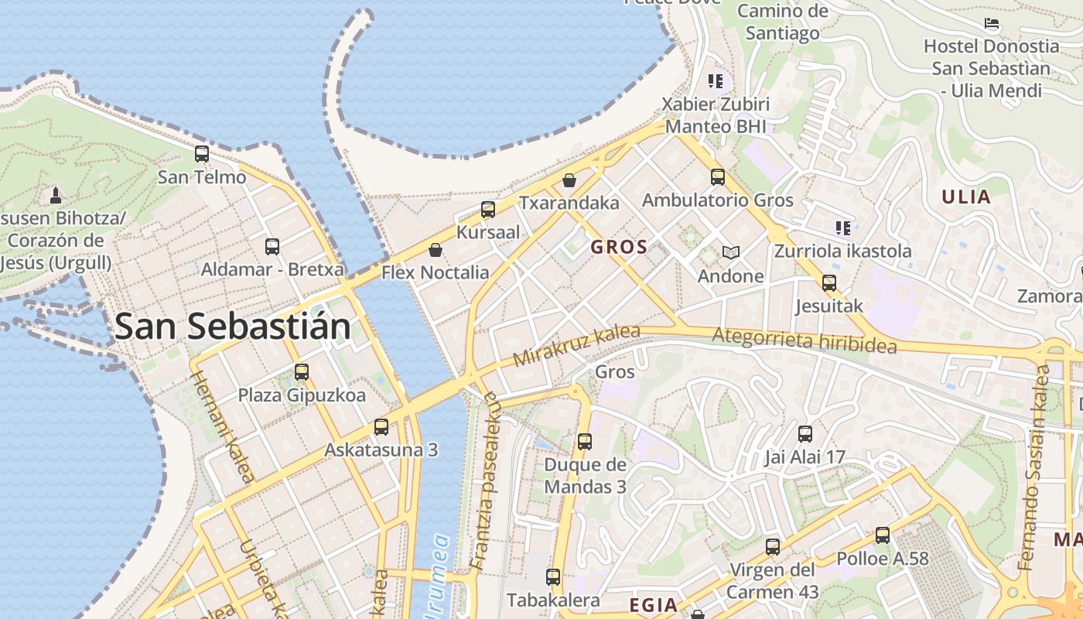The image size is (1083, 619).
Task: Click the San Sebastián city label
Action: [232, 327]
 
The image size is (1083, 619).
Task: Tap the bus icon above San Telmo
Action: [202, 154]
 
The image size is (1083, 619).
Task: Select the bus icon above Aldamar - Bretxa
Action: [272, 247]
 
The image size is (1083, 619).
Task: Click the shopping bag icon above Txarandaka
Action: [569, 180]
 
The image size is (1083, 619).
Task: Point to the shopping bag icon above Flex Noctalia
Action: [436, 250]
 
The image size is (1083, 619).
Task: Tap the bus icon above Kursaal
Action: [488, 210]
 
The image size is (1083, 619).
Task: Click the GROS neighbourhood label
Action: [618, 248]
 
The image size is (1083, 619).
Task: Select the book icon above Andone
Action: [731, 253]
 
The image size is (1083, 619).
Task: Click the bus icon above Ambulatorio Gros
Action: [718, 177]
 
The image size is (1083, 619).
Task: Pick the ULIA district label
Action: [966, 197]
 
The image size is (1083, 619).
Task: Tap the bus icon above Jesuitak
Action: [829, 283]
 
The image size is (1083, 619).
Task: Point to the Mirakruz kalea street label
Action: [576, 346]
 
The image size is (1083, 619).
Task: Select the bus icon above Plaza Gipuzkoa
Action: [302, 372]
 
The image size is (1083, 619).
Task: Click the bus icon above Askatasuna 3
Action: [381, 427]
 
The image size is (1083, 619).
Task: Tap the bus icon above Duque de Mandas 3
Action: [585, 442]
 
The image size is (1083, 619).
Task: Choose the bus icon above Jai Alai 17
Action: [805, 434]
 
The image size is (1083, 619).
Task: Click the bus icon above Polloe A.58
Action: [883, 535]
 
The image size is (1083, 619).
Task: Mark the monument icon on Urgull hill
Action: [56, 193]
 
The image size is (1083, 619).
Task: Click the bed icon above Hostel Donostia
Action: [992, 24]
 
